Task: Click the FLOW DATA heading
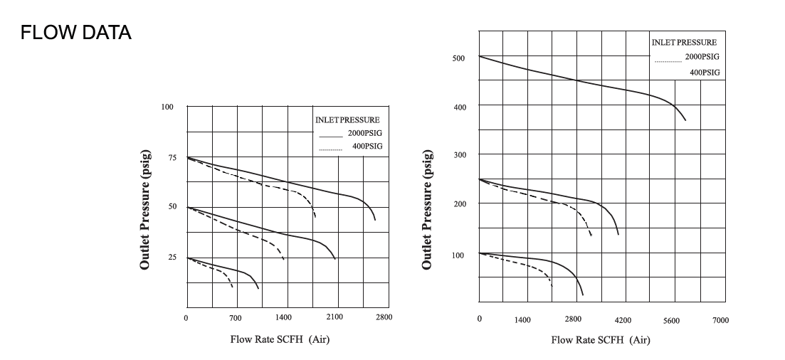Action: [x=75, y=33]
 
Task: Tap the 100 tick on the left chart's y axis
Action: [x=167, y=107]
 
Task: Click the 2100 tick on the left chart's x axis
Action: [x=335, y=317]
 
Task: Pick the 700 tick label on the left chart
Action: [x=235, y=317]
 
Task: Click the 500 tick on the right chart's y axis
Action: [x=458, y=58]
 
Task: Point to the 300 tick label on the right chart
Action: [x=458, y=155]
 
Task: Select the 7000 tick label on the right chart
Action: [x=720, y=321]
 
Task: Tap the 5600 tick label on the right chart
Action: [x=671, y=321]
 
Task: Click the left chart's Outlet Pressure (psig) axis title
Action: [x=145, y=208]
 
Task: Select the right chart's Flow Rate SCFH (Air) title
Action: [x=601, y=339]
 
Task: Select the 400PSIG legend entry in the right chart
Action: [x=705, y=73]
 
